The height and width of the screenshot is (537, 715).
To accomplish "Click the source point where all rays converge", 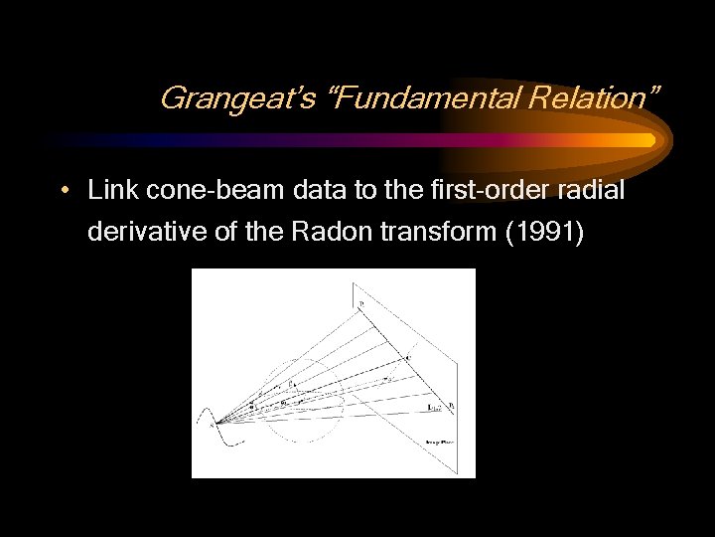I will (214, 422).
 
